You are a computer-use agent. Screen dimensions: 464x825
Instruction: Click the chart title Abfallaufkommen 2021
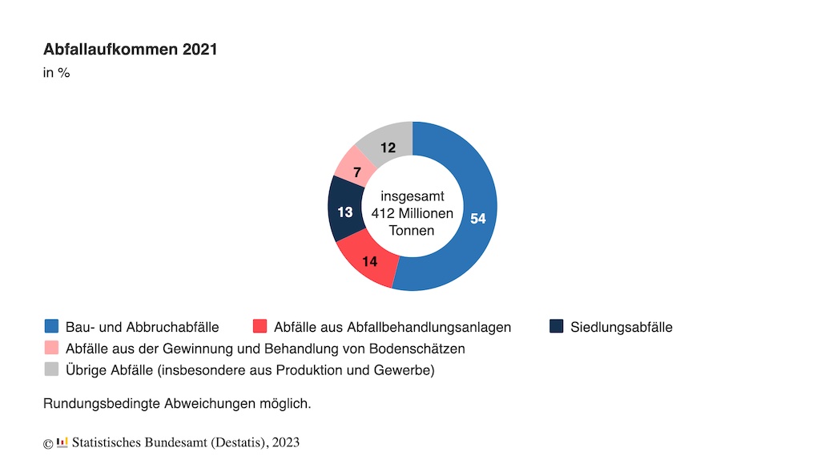point(130,50)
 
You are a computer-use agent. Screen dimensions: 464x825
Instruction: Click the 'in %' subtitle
point(56,74)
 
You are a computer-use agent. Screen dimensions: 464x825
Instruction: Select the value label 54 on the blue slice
point(478,219)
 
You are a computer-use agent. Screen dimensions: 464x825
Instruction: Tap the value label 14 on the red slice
point(369,261)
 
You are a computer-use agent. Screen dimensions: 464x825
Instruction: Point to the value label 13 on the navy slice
point(345,212)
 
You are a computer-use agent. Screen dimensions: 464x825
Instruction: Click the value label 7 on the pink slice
point(356,171)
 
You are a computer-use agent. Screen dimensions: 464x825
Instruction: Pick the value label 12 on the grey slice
point(388,147)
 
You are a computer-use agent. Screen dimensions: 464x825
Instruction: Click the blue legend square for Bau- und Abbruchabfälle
point(52,326)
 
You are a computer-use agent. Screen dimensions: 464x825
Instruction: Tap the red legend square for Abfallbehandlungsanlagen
point(260,326)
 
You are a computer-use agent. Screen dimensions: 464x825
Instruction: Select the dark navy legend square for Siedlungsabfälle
point(557,326)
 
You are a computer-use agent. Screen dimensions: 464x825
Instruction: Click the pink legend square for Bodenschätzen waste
point(52,348)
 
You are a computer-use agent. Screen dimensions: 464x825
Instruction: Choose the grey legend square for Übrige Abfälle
point(52,369)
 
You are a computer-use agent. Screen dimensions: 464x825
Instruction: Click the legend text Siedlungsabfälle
point(622,327)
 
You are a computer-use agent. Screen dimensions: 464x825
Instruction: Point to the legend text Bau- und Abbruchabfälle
point(142,327)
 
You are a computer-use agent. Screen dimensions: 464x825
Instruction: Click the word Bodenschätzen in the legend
point(421,349)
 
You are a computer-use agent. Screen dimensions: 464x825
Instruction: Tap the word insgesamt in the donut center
point(412,196)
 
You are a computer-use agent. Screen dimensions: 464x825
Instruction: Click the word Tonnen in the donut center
point(412,231)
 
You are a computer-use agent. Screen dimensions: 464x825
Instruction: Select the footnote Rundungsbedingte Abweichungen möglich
point(177,404)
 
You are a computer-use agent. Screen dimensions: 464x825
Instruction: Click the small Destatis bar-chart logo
point(62,442)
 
